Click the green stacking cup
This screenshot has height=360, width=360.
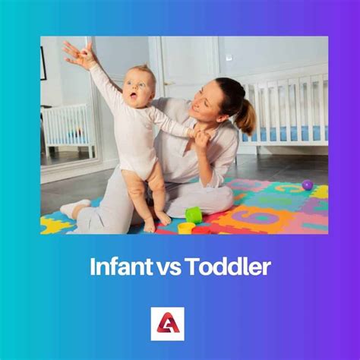click(x=194, y=215)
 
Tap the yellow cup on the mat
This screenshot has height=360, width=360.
click(x=186, y=227)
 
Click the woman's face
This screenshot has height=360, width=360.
click(x=212, y=99)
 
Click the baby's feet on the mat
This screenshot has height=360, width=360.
click(x=155, y=223)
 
